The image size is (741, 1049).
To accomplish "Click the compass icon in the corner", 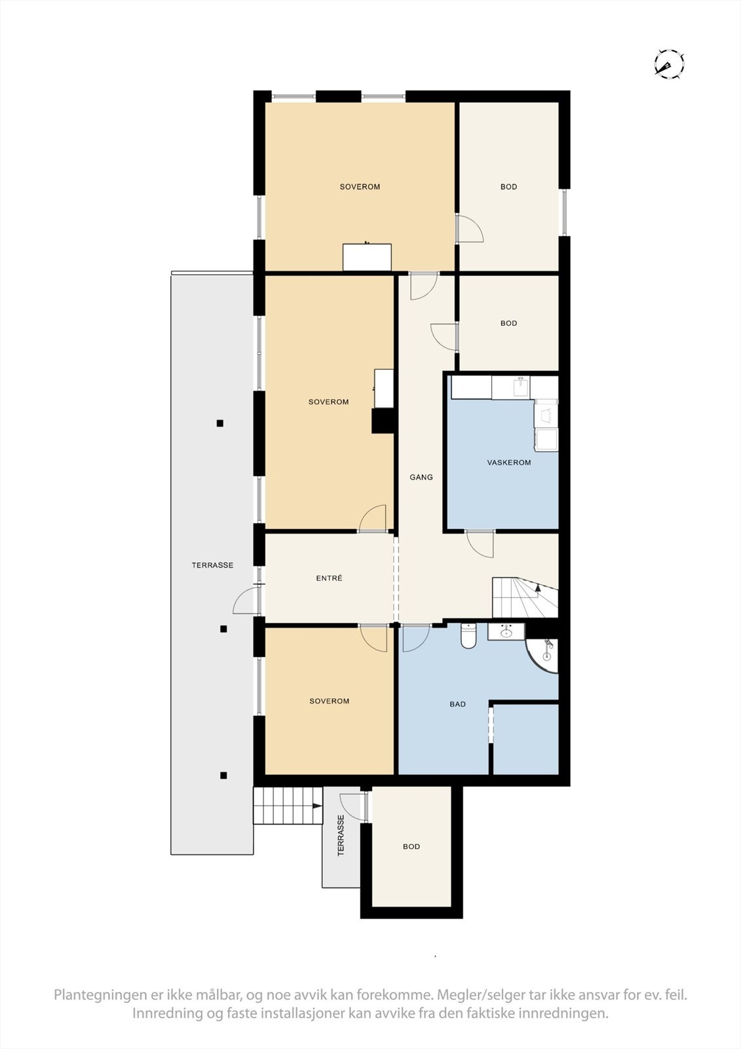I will pyautogui.click(x=669, y=64).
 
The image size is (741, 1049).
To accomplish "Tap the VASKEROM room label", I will pyautogui.click(x=508, y=462).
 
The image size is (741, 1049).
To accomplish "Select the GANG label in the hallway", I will pyautogui.click(x=421, y=477).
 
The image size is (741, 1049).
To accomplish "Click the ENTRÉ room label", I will pyautogui.click(x=329, y=578).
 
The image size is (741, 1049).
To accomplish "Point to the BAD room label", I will pyautogui.click(x=457, y=704).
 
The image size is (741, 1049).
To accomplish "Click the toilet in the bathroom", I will pyautogui.click(x=468, y=636).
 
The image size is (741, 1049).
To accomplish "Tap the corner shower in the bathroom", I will pyautogui.click(x=544, y=656).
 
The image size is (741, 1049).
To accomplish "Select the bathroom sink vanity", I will pyautogui.click(x=506, y=632).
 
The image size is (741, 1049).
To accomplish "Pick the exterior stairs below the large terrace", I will pyautogui.click(x=288, y=806).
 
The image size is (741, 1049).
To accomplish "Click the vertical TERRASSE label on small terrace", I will pyautogui.click(x=341, y=836).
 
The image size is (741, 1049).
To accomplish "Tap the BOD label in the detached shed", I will pyautogui.click(x=411, y=846).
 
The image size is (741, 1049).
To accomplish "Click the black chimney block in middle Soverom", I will pyautogui.click(x=383, y=421).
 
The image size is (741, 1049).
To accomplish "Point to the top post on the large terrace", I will pyautogui.click(x=220, y=424).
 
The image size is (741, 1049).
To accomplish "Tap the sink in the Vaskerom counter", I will pyautogui.click(x=520, y=387).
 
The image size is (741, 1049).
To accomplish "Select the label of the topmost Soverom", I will pyautogui.click(x=360, y=187).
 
